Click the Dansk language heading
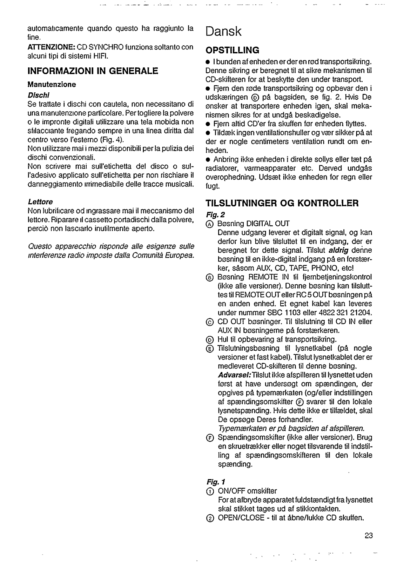(x=224, y=32)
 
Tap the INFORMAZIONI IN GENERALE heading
(x=93, y=71)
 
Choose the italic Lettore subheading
(x=40, y=202)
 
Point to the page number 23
(x=368, y=536)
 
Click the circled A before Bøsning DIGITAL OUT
(x=210, y=224)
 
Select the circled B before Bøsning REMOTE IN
(x=210, y=277)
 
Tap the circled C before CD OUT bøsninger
(x=210, y=322)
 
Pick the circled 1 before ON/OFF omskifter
(x=210, y=491)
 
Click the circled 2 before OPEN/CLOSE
(x=210, y=518)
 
